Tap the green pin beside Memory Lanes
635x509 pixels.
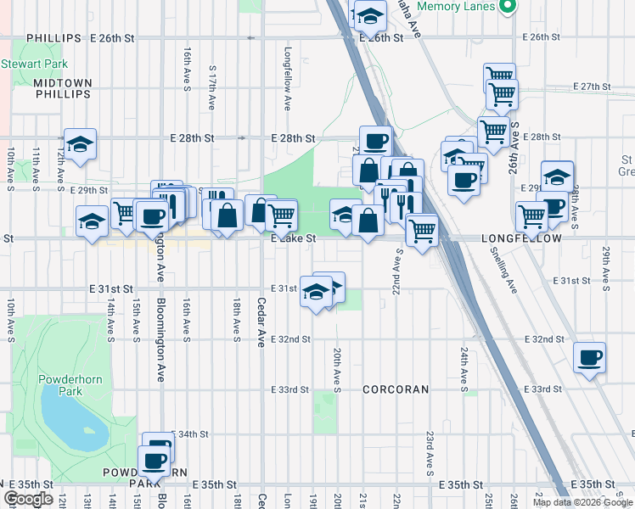[x=509, y=7]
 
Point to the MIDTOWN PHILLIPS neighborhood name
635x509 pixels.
[x=62, y=88]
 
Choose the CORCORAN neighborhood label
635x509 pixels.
[x=396, y=389]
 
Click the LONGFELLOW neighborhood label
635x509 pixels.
[x=521, y=239]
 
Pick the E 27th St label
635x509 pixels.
[x=592, y=87]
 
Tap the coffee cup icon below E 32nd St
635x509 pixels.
[x=588, y=356]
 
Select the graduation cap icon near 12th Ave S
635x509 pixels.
[x=80, y=144]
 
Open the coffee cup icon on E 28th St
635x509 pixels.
[x=375, y=140]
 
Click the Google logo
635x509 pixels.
[x=29, y=499]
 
